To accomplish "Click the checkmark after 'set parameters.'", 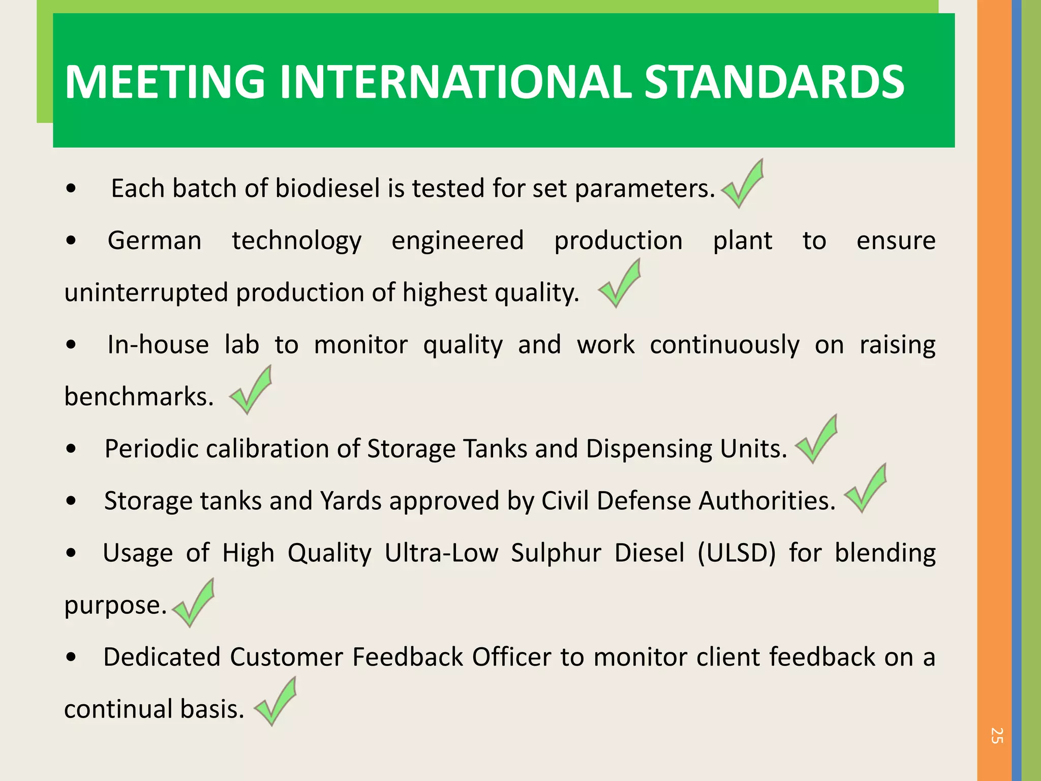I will click(743, 185).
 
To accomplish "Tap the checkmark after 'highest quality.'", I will click(620, 284).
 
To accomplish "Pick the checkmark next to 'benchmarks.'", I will click(251, 390).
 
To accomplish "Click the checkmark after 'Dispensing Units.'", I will click(817, 440).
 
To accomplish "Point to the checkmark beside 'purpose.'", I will click(193, 604).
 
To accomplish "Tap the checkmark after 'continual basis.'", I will click(275, 702).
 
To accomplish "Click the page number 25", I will click(996, 735).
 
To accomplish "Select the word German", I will click(155, 241).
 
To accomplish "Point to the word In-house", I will click(158, 345).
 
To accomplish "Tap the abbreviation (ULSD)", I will click(737, 553).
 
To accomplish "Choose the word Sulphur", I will click(556, 553).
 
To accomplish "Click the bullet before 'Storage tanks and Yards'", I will click(71, 501).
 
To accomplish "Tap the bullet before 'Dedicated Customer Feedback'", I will click(71, 657).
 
